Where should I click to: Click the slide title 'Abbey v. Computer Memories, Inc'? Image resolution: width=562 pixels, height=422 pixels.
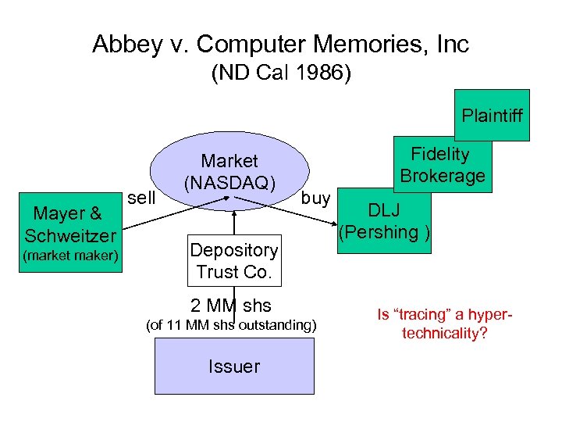coord(280,44)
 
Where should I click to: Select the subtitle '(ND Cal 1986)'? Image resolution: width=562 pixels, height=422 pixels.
coord(280,74)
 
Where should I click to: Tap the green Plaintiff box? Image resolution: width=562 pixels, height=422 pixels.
coord(493,116)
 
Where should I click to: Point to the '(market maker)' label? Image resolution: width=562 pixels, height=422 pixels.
coord(69,256)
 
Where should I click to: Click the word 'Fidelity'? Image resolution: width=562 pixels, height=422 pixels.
coord(441,154)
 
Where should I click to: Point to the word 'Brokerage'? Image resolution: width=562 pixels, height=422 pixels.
coord(443,176)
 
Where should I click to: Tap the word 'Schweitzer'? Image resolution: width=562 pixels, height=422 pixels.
coord(69,235)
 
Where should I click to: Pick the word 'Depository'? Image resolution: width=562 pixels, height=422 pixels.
coord(233,250)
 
